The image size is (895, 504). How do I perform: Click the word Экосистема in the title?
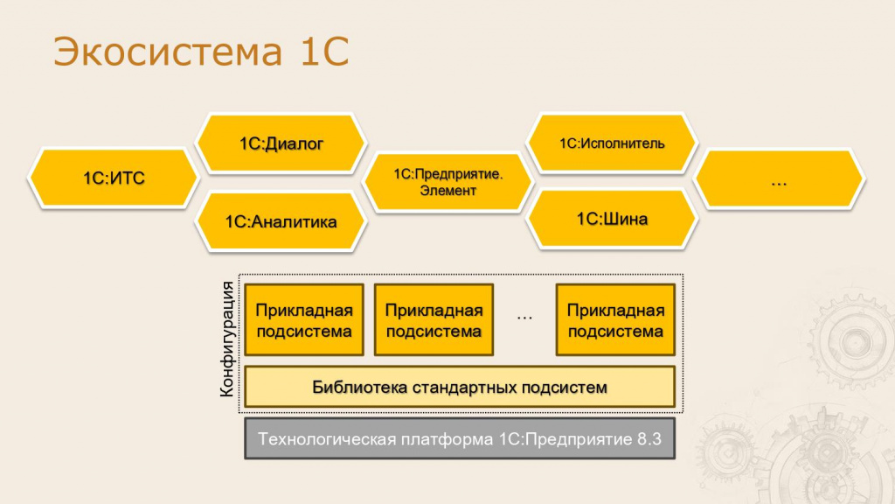point(168,52)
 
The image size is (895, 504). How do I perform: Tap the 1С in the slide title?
point(323,52)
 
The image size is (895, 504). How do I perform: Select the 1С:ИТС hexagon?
point(114,178)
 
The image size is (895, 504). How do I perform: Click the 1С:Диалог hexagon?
point(281,143)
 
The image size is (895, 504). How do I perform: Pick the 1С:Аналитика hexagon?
point(281,221)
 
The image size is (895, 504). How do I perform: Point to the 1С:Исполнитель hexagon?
point(612,143)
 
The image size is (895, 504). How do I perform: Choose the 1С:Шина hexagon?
point(612,219)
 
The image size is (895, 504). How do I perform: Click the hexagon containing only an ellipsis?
point(779,178)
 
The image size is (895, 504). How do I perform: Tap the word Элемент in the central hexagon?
point(448,191)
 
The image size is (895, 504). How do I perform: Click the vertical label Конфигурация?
point(227,339)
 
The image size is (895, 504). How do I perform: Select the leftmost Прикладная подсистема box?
point(304,320)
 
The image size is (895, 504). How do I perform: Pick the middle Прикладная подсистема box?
point(434,320)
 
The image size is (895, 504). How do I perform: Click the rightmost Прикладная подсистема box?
point(616,320)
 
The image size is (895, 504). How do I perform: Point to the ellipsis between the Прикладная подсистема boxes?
point(524,318)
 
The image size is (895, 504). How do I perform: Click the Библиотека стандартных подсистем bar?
point(460,387)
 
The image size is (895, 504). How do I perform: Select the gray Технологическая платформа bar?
point(460,438)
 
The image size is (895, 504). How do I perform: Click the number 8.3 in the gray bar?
point(649,439)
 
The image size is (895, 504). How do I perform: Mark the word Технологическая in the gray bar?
point(327,439)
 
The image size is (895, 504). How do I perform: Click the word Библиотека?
point(359,388)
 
